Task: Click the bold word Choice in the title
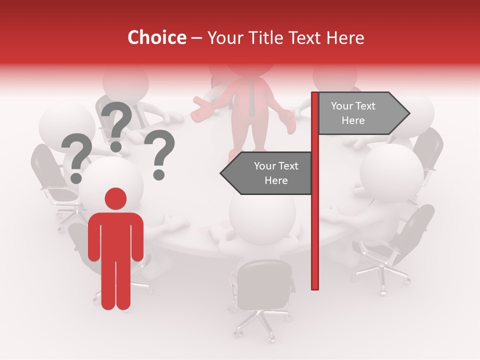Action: [156, 37]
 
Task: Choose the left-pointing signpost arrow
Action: [267, 173]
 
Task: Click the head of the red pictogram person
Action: [115, 198]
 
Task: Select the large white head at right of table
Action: [391, 172]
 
